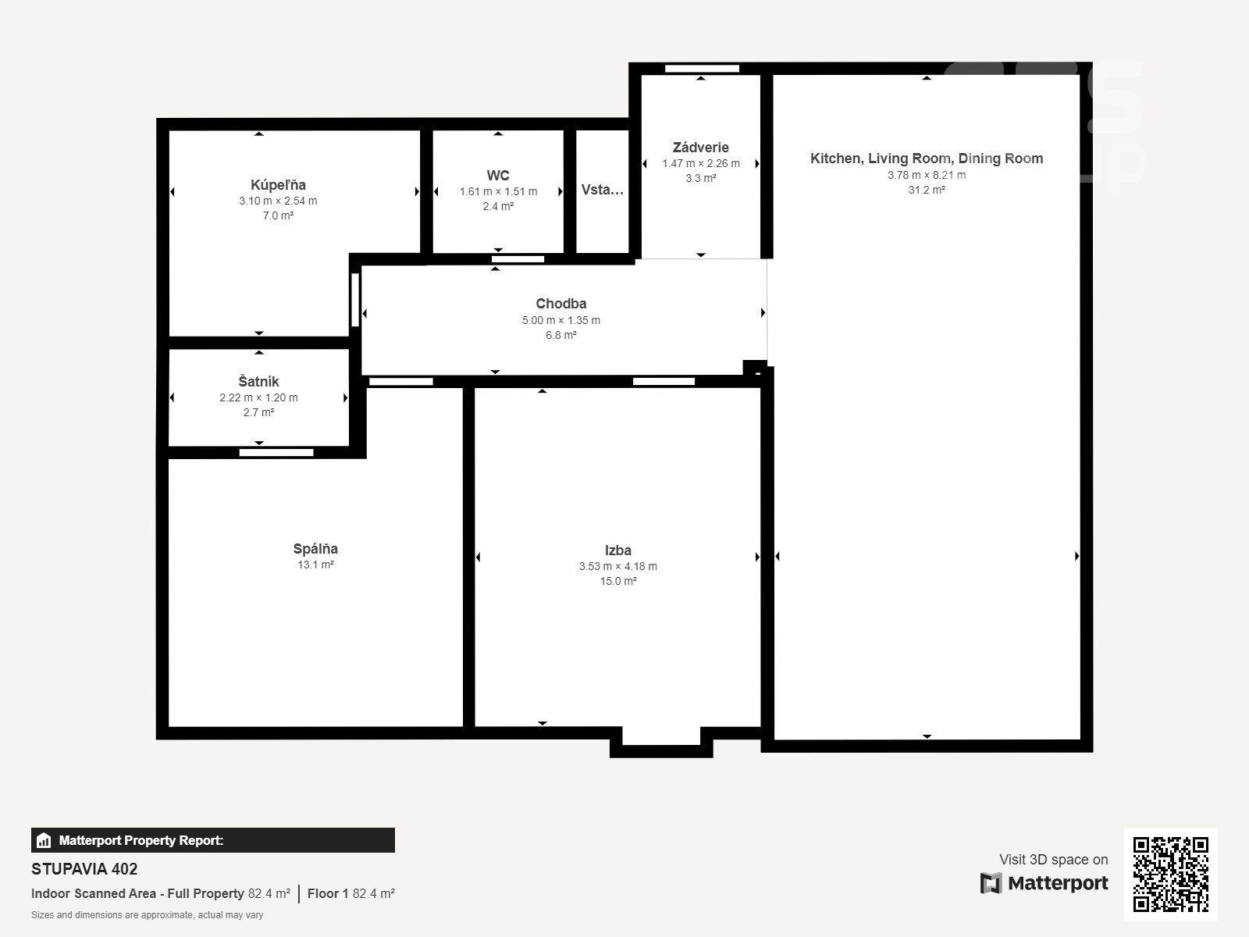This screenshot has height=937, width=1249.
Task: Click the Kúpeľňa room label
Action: pos(278,185)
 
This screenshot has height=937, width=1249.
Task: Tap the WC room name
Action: pos(498,175)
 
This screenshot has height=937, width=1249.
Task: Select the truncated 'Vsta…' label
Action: pos(602,190)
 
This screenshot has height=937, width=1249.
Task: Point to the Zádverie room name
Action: pos(700,148)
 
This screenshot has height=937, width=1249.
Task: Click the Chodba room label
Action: pos(561,304)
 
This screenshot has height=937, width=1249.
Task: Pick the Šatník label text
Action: pos(258,381)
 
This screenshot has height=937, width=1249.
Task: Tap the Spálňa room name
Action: pos(315,549)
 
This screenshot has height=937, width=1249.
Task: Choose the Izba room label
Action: pos(618,550)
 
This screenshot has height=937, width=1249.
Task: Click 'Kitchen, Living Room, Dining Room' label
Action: pos(927,159)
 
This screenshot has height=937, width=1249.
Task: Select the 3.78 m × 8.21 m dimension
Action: pos(927,175)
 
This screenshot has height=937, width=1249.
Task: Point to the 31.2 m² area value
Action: pos(927,190)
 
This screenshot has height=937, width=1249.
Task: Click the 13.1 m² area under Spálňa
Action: pos(315,565)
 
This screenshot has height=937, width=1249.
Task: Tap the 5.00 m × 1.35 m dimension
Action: pos(561,320)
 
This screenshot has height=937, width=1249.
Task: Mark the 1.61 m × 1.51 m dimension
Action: pos(498,192)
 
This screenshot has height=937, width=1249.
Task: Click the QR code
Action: pos(1170,875)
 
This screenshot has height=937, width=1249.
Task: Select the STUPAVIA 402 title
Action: pos(84,869)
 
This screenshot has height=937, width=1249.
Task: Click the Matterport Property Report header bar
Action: pos(213,840)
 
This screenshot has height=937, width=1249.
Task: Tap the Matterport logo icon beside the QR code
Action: pos(991,883)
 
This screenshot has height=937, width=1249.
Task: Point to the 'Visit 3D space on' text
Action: pos(1053,860)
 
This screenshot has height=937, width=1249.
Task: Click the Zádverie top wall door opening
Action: pos(702,69)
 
